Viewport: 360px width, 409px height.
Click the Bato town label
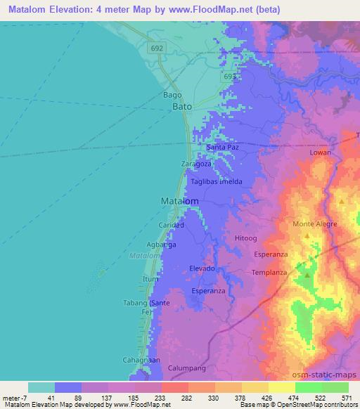tap(182, 108)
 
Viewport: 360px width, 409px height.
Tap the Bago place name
tap(172, 95)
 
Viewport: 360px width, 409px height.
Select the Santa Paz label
tap(223, 148)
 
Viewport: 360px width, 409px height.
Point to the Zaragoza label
tap(196, 164)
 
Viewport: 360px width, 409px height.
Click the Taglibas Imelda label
tap(217, 181)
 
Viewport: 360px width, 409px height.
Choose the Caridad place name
tap(171, 225)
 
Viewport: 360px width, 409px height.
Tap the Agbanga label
tap(161, 244)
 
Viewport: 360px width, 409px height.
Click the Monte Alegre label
tap(315, 224)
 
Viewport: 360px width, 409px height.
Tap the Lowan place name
tap(320, 152)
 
